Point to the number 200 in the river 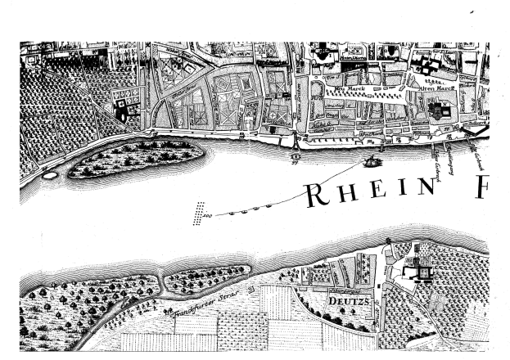[x=208, y=215]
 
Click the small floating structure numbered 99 [x=293, y=155]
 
